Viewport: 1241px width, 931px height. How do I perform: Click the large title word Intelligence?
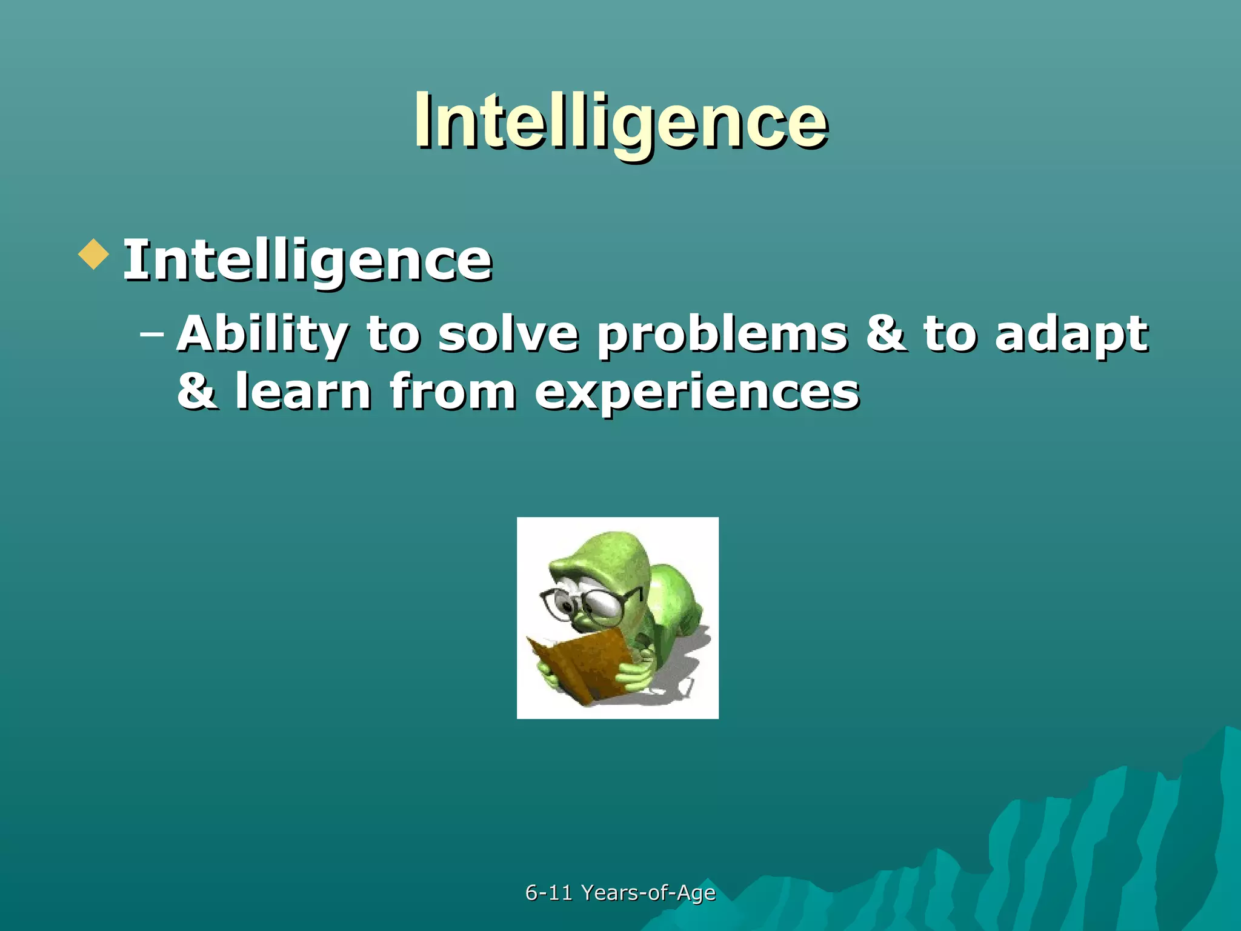[x=620, y=121]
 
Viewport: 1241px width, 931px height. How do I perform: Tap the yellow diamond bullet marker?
[x=94, y=254]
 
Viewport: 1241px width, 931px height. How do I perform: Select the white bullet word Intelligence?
[x=307, y=261]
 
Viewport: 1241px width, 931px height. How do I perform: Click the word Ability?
[x=262, y=335]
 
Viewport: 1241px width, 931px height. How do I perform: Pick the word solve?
[x=508, y=335]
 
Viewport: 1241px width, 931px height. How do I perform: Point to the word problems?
[x=722, y=335]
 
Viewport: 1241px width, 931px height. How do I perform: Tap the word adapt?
[x=1071, y=335]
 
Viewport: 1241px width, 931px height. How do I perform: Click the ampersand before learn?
[x=196, y=392]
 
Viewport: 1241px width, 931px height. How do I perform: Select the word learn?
[x=303, y=392]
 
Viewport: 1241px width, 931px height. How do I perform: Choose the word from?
[x=453, y=392]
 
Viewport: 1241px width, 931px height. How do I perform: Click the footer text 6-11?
[x=548, y=893]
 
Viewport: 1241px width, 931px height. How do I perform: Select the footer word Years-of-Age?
[x=648, y=893]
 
